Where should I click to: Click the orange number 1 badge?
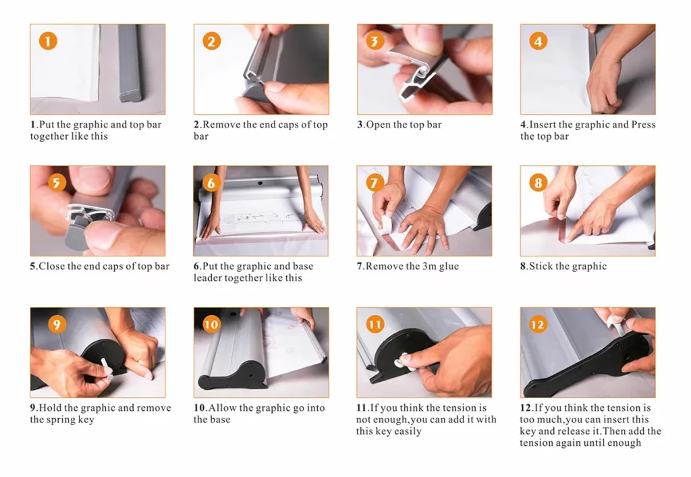click(x=48, y=41)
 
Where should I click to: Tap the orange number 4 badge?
click(x=538, y=41)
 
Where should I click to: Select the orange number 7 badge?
click(x=375, y=183)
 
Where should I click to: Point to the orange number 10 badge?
click(x=211, y=325)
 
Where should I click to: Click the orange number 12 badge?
click(x=538, y=325)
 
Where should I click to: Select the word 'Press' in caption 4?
click(x=643, y=125)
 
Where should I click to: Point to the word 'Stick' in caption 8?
click(x=541, y=266)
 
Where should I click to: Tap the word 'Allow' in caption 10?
click(x=223, y=408)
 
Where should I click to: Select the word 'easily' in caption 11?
click(x=408, y=432)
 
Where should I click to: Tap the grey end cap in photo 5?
click(x=76, y=233)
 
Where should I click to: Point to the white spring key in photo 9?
click(x=107, y=368)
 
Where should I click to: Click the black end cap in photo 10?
click(x=233, y=375)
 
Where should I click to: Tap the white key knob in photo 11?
click(x=404, y=361)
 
